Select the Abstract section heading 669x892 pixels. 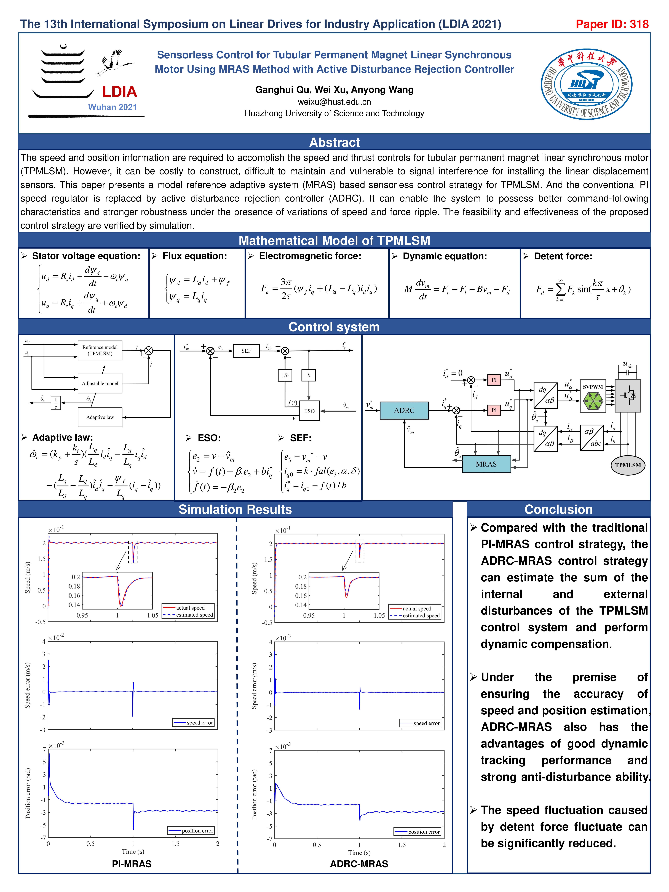click(x=334, y=142)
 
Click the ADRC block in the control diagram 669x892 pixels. click(x=404, y=411)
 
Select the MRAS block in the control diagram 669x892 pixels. click(x=486, y=464)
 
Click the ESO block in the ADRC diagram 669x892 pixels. click(x=309, y=411)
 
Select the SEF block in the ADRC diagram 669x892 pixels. click(x=246, y=351)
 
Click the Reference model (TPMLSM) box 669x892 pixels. click(x=100, y=350)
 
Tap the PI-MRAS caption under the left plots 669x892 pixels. click(x=132, y=864)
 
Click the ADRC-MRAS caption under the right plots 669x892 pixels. click(x=359, y=864)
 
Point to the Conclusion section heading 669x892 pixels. click(x=558, y=509)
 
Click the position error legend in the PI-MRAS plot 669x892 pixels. click(x=192, y=830)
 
